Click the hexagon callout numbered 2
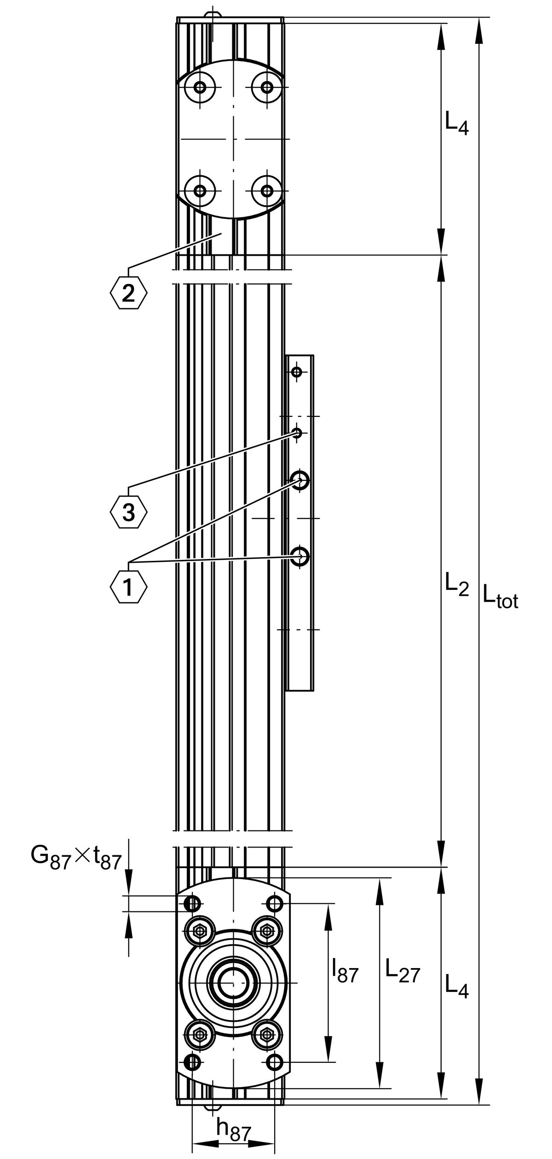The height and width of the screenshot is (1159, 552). tap(128, 293)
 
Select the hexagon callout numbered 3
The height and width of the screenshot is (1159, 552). tap(128, 512)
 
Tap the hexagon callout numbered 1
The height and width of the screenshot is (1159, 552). tap(128, 587)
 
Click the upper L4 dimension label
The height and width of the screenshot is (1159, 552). tap(457, 123)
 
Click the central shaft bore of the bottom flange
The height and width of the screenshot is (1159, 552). tap(234, 982)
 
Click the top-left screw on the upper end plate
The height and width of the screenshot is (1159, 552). tap(200, 87)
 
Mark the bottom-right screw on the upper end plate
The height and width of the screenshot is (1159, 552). tap(267, 190)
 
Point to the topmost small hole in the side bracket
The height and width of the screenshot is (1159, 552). tap(297, 372)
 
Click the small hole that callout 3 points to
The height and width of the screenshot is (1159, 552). tap(297, 433)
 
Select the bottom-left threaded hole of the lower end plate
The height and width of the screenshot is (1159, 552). tap(192, 1062)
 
